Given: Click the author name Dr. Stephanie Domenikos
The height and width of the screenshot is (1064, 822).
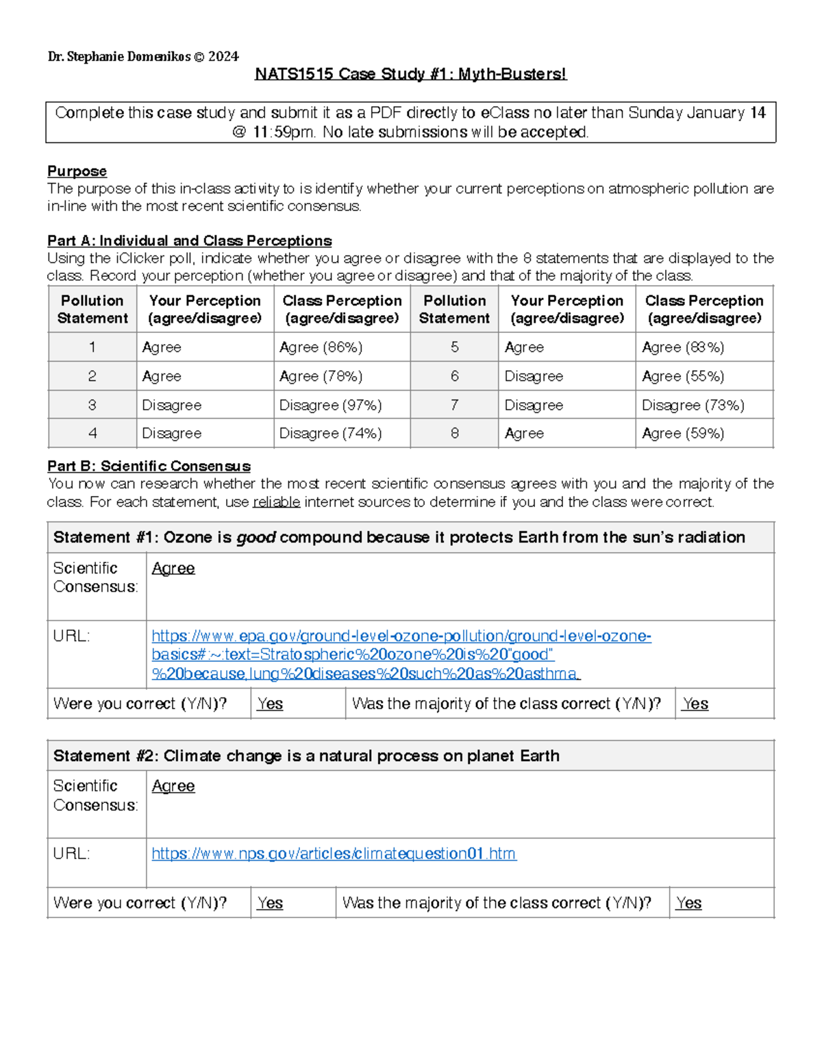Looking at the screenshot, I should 119,57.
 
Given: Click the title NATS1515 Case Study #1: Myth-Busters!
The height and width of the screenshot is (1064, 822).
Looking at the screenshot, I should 410,74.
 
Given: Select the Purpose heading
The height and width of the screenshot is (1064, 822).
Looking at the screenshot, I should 77,171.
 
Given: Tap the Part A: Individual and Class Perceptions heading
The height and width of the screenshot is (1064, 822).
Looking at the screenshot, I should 189,240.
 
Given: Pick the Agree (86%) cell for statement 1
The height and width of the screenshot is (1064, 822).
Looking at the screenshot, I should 321,347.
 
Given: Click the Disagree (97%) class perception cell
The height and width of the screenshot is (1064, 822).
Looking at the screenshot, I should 330,406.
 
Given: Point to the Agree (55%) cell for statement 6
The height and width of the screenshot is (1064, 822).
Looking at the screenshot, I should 683,376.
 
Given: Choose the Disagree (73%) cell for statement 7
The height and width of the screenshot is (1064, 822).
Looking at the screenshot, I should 693,406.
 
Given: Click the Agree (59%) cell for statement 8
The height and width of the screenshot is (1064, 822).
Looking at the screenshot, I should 683,434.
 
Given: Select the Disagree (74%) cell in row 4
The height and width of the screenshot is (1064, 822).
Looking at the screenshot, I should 330,434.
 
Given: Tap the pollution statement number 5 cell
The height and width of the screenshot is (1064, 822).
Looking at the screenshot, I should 454,347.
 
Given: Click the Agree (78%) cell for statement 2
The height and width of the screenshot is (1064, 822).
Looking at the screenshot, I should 321,376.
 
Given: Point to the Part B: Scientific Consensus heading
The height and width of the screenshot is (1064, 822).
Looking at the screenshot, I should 149,467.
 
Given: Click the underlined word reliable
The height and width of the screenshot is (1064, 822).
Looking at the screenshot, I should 276,502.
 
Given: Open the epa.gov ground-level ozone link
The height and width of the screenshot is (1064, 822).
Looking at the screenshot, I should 401,636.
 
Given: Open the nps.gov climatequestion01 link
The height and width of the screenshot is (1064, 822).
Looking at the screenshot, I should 334,854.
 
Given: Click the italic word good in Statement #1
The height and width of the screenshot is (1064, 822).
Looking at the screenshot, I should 256,538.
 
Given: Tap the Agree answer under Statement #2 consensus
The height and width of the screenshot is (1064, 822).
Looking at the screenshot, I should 173,787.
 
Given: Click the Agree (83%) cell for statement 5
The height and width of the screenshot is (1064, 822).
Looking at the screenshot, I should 683,347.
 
